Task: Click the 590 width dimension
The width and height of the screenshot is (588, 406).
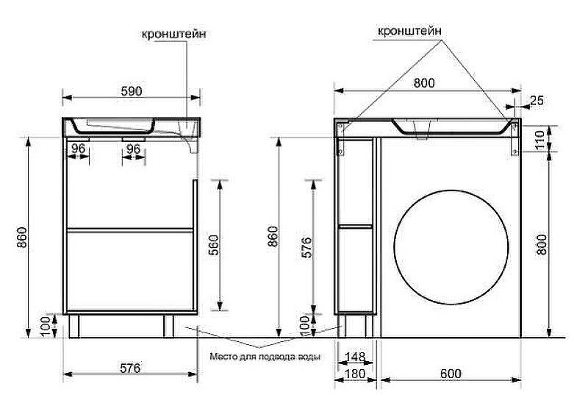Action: (132, 91)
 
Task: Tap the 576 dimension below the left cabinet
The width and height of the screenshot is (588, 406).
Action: (130, 368)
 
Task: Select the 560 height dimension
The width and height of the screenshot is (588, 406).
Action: (214, 245)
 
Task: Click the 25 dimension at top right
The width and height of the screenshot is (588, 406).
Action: (537, 100)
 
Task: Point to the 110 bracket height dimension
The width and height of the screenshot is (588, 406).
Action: (540, 139)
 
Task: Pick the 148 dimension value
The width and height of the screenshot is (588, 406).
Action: (355, 356)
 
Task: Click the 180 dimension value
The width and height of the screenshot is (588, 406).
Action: (355, 374)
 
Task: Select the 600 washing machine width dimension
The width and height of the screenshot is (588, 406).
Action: (451, 374)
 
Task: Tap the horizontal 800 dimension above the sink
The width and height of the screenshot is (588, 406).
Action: (424, 83)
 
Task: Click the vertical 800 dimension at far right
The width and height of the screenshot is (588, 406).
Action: (541, 245)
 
